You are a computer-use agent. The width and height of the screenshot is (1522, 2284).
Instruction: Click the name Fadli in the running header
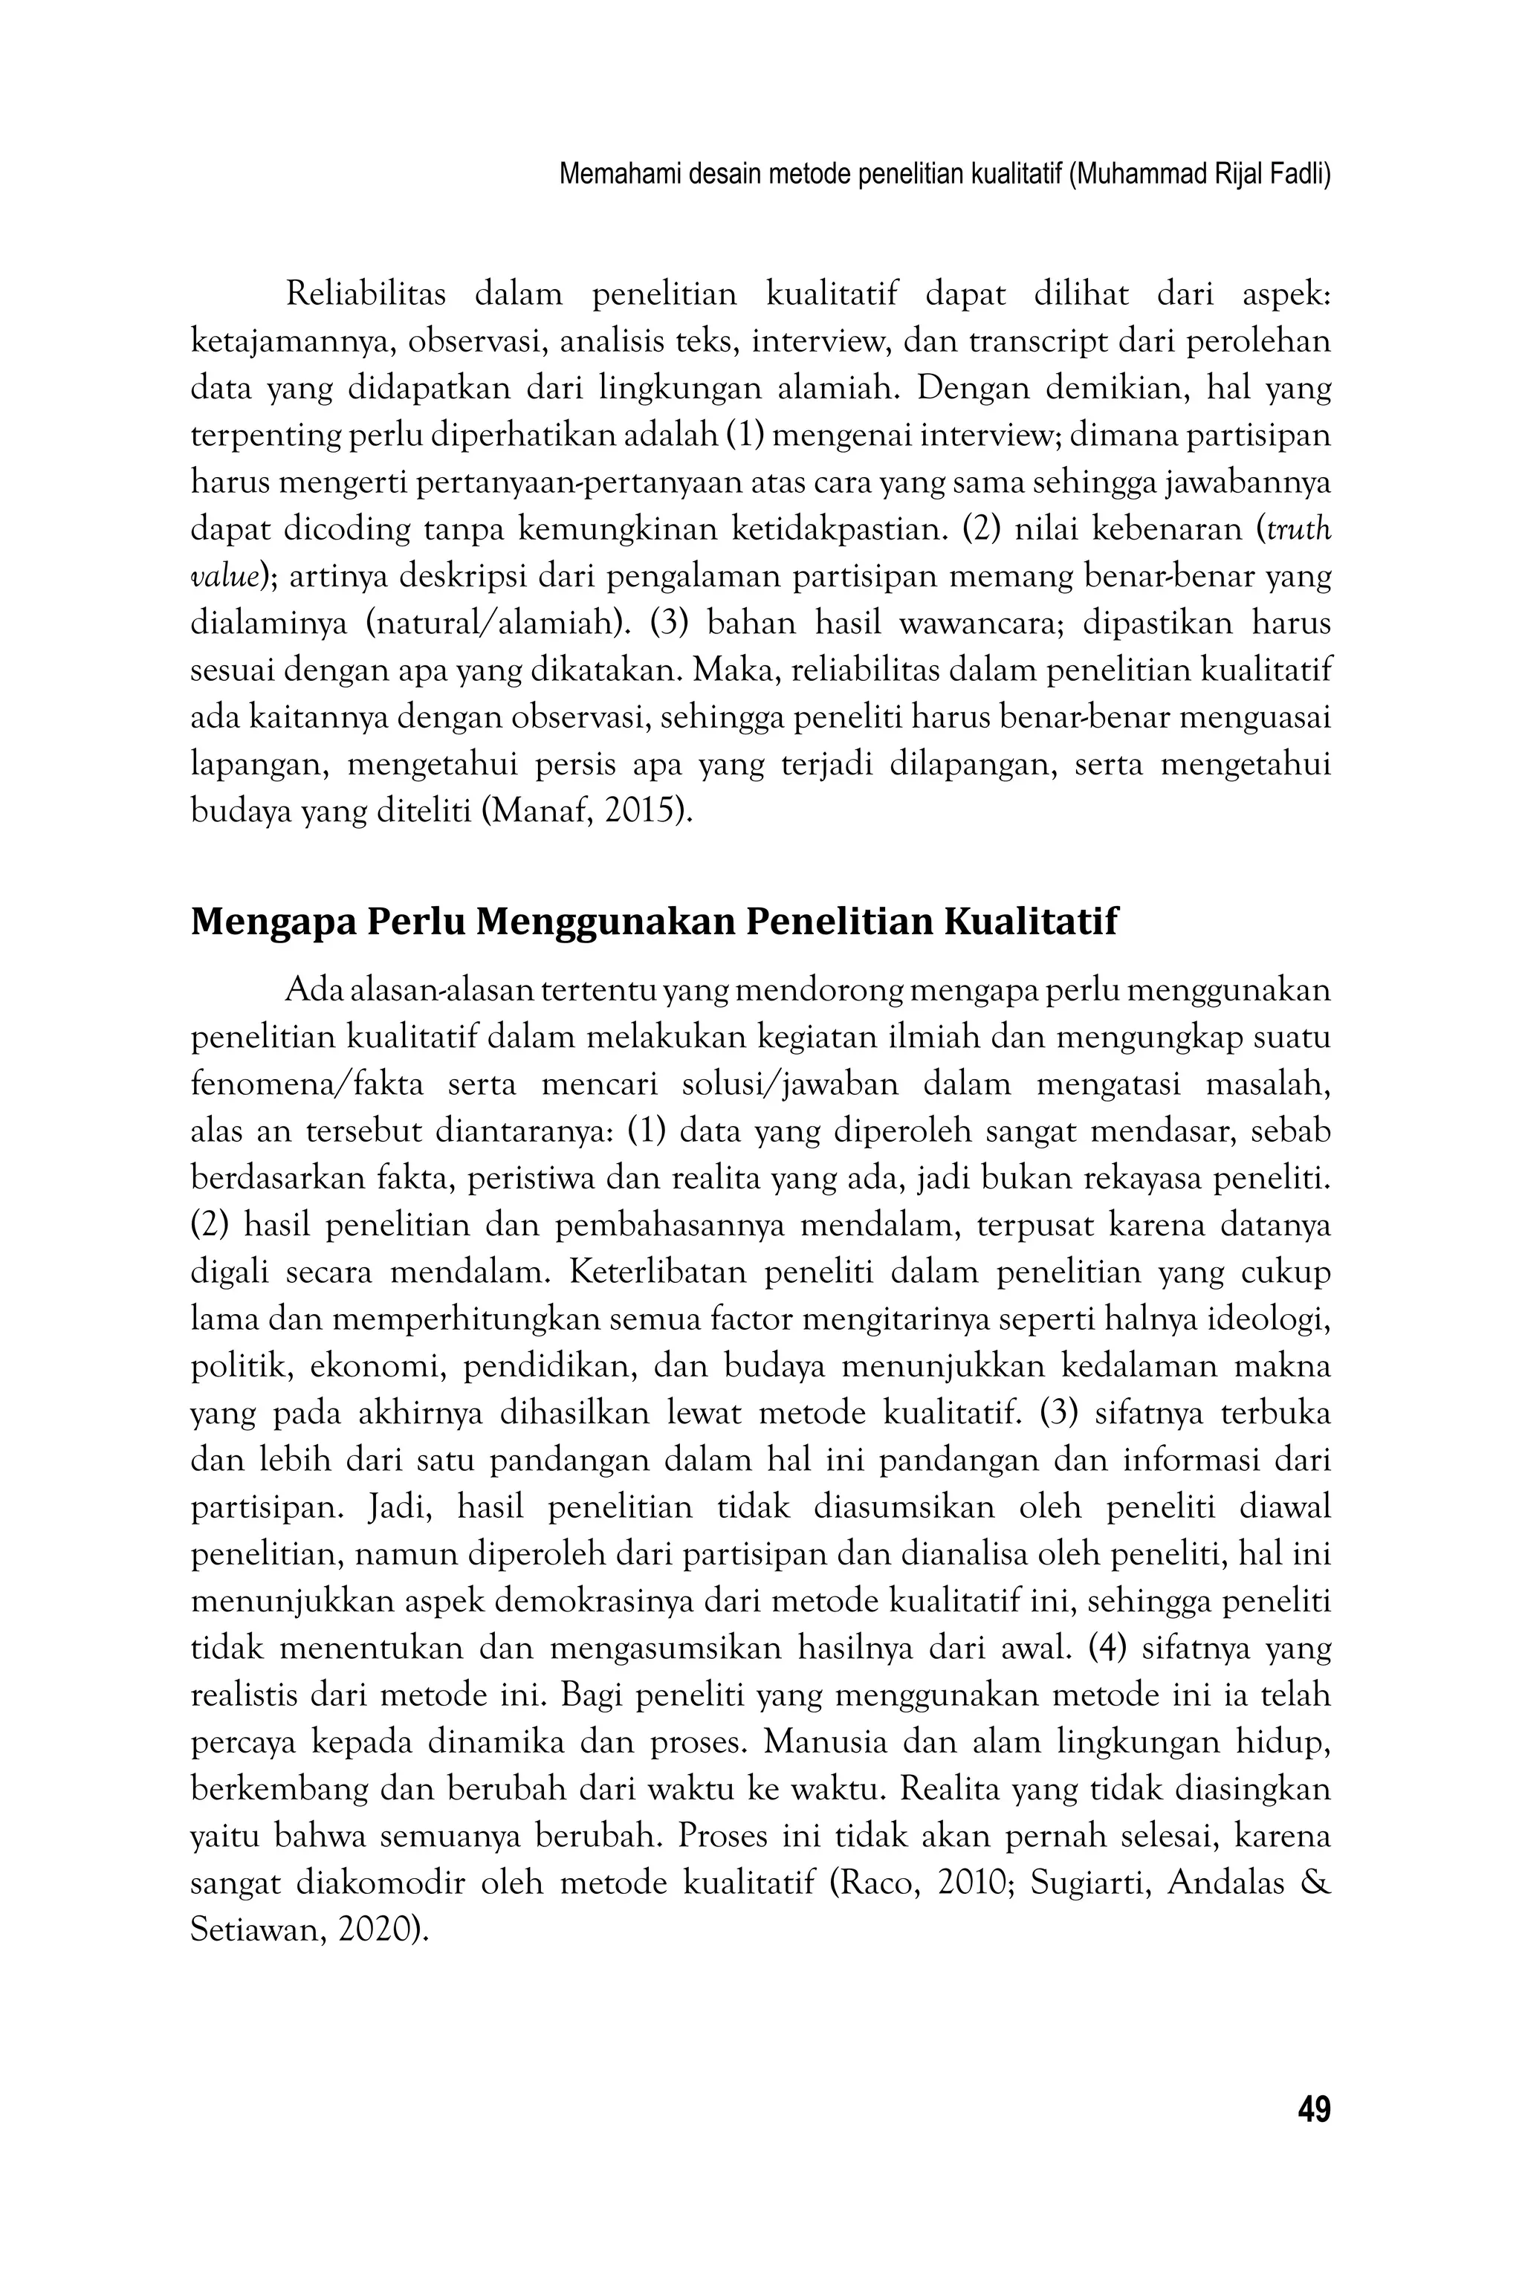tap(1301, 175)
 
